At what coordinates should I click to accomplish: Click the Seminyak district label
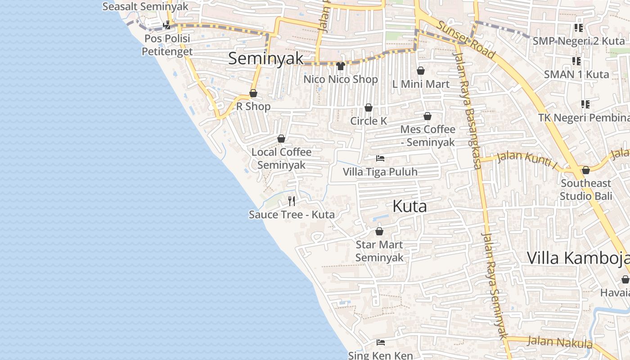click(266, 58)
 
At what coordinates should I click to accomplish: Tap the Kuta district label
click(409, 207)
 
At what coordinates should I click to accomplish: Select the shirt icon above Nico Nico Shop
click(341, 66)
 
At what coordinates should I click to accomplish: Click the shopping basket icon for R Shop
click(253, 93)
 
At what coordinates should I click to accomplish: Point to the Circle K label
click(369, 121)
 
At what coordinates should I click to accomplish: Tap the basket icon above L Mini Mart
click(421, 71)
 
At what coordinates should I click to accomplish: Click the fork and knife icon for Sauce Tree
click(292, 201)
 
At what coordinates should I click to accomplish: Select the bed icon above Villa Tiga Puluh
click(380, 158)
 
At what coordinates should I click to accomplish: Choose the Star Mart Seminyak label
click(379, 251)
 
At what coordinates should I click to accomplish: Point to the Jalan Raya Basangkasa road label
click(468, 110)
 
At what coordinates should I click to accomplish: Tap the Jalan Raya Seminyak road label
click(495, 286)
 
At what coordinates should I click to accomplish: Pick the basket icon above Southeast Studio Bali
click(585, 170)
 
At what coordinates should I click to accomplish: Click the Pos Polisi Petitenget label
click(167, 45)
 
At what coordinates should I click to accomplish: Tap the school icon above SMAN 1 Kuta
click(576, 61)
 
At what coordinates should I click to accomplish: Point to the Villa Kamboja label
click(578, 258)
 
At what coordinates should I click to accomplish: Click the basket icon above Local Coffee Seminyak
click(281, 139)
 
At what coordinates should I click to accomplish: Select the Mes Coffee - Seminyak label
click(427, 136)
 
